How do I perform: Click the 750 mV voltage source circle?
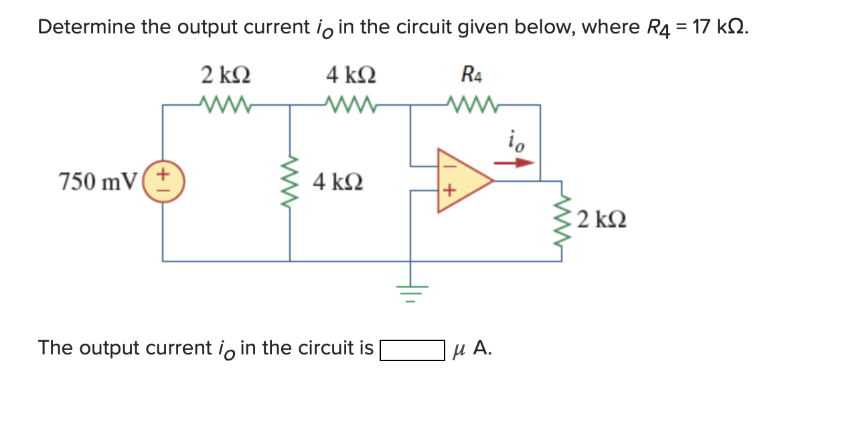[163, 181]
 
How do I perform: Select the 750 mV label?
[98, 181]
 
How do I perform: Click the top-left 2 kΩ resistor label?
[226, 75]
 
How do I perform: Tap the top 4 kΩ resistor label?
[351, 75]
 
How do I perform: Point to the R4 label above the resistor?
[471, 75]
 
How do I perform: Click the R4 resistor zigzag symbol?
[473, 104]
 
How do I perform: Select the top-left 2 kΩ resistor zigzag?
[226, 104]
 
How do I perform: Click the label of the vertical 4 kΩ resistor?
[338, 181]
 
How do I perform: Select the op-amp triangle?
[462, 181]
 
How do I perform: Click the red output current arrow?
[514, 162]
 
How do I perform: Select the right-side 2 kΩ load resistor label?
[601, 219]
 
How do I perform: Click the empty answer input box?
[412, 350]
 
